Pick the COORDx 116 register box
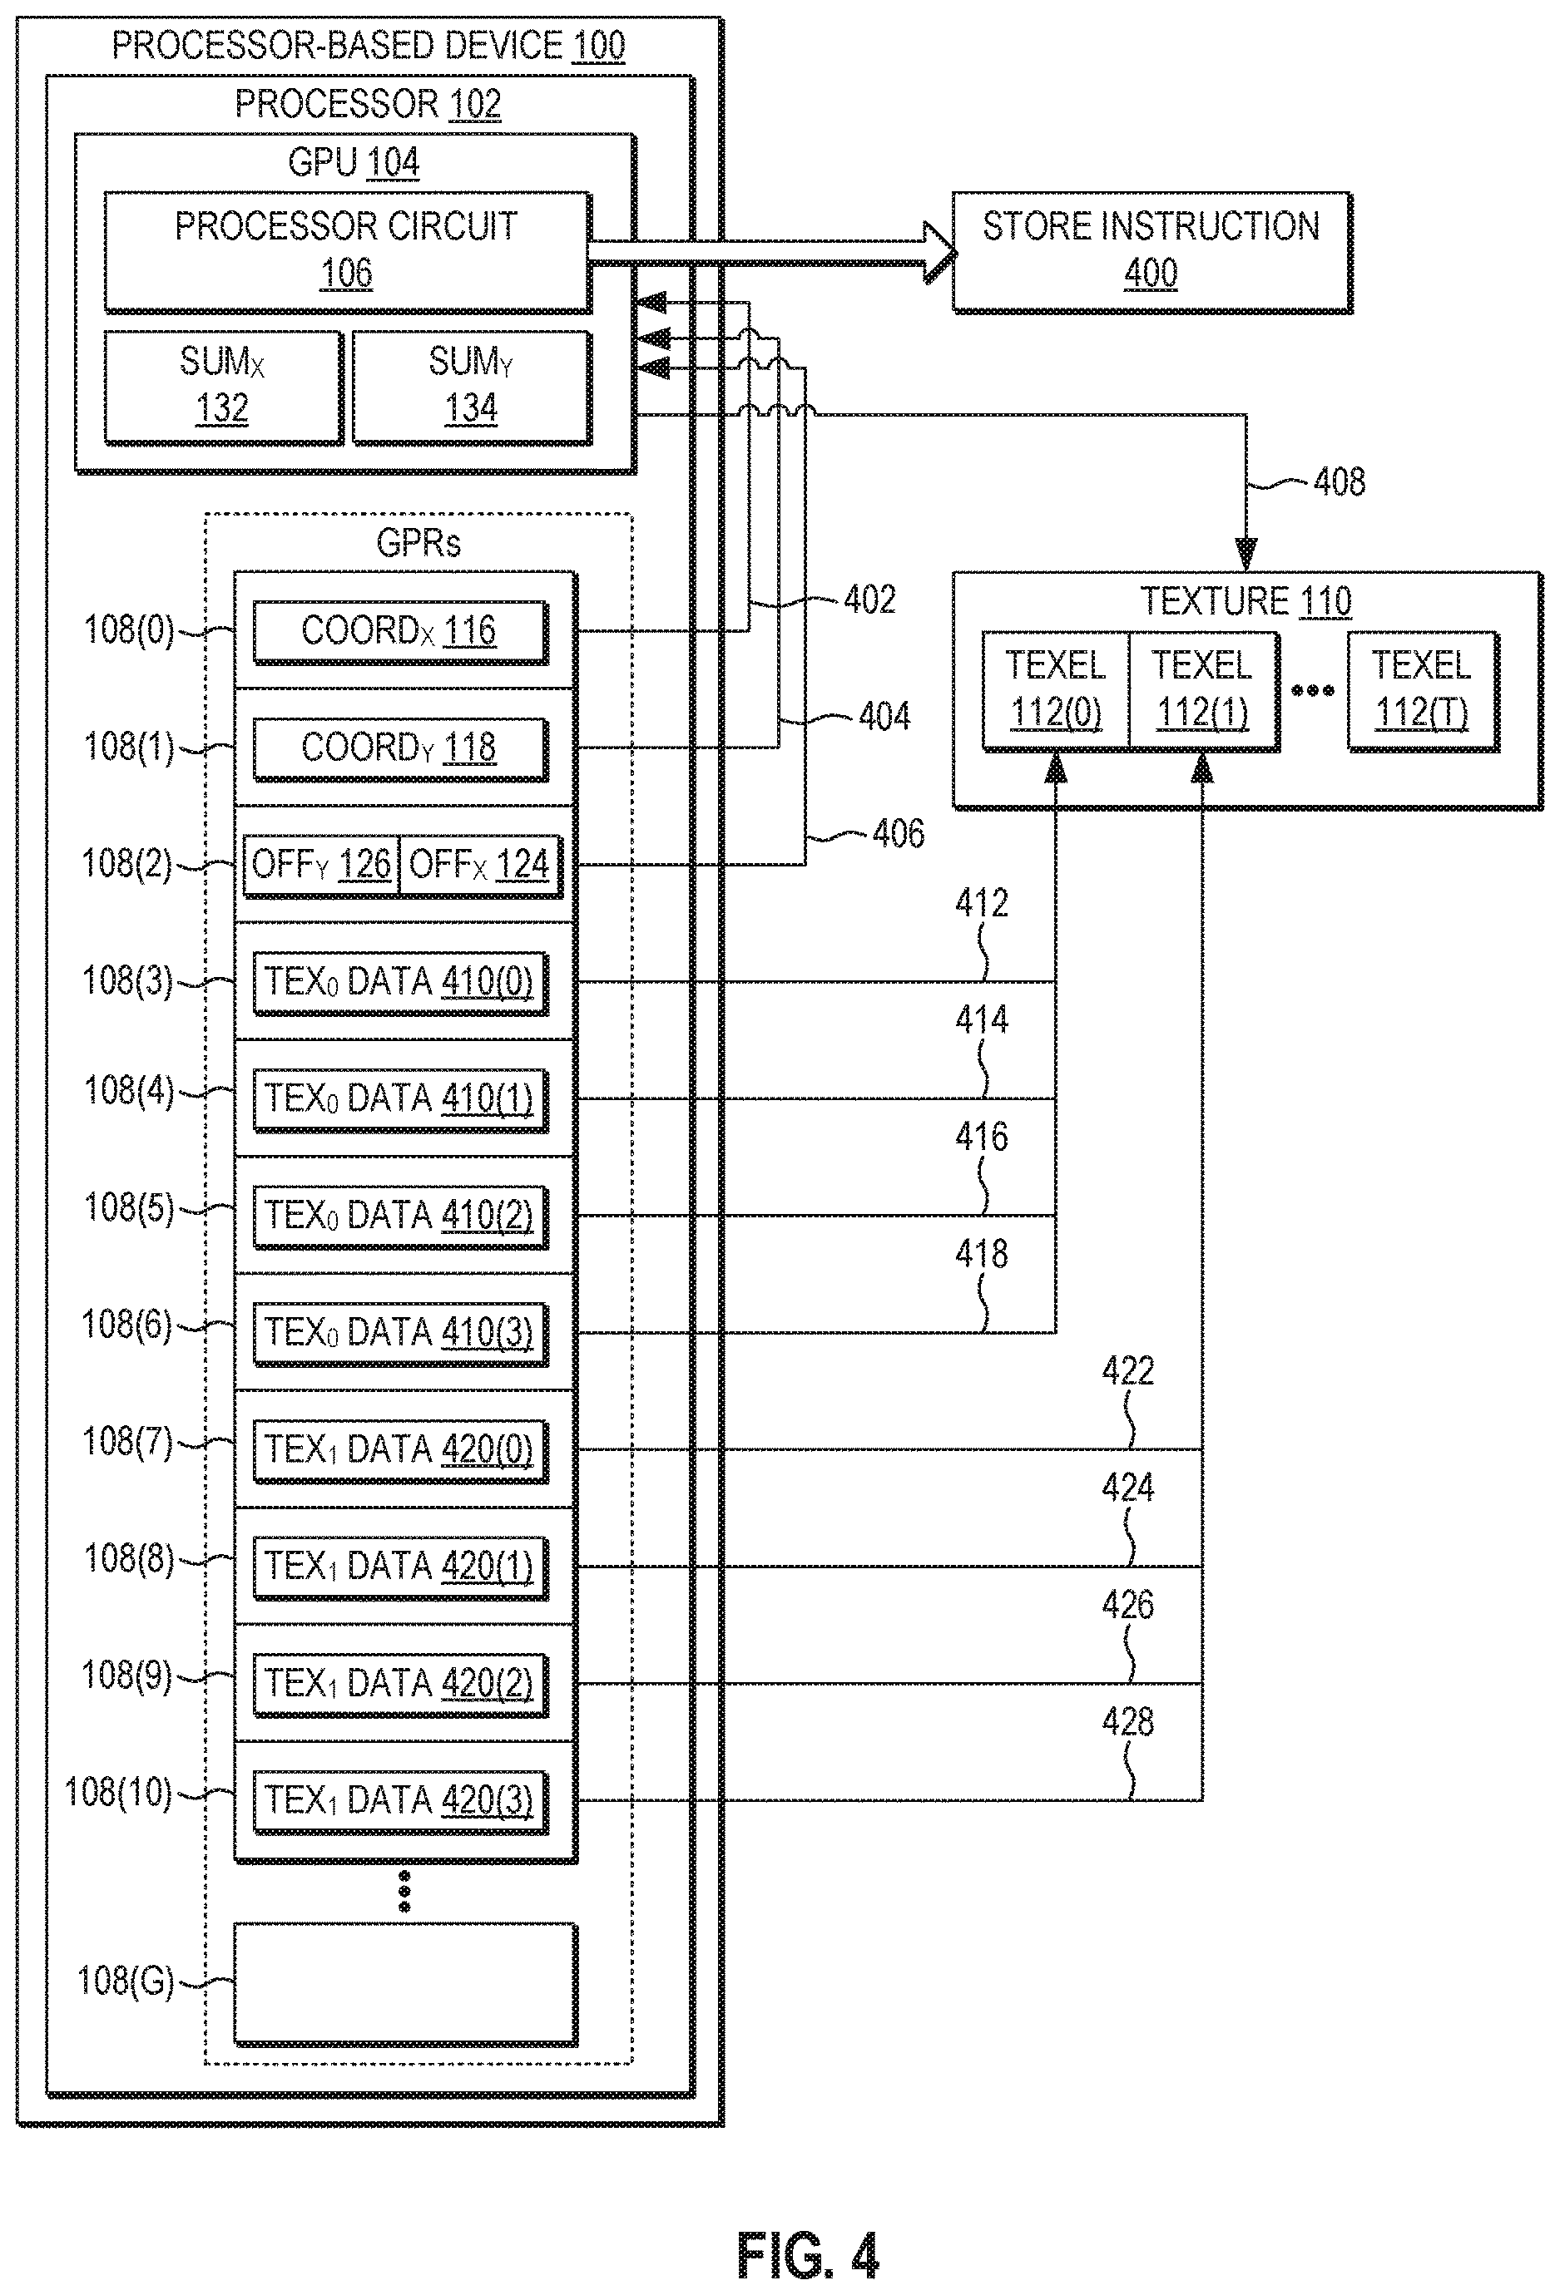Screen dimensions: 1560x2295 tap(400, 632)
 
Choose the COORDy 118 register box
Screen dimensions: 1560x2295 tap(400, 748)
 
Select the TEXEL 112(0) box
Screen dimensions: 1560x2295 tap(1055, 689)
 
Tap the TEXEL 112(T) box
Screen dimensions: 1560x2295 tap(1423, 689)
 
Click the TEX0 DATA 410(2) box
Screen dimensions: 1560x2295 tap(400, 1216)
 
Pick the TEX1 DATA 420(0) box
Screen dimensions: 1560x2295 tap(400, 1449)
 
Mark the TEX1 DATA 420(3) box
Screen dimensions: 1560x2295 tap(400, 1800)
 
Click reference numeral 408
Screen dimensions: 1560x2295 tap(1339, 482)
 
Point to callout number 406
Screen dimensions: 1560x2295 tap(898, 833)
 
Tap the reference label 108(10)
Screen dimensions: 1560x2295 tap(117, 1793)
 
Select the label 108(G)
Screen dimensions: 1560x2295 tap(126, 1980)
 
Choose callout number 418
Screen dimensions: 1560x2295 tap(981, 1254)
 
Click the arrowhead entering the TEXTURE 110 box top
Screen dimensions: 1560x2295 tap(1246, 554)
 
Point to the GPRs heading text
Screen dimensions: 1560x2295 tap(418, 543)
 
